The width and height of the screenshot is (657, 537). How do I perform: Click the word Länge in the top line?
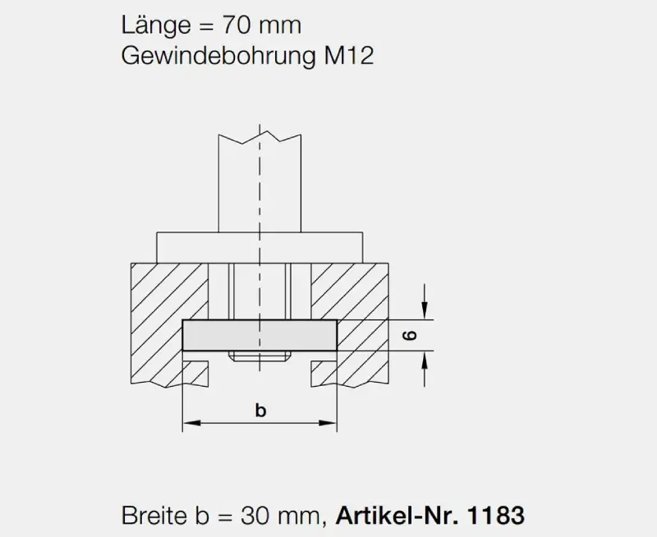click(x=156, y=25)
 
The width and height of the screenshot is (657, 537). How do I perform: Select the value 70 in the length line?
click(x=239, y=25)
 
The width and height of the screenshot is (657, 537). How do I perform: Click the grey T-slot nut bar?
click(x=260, y=335)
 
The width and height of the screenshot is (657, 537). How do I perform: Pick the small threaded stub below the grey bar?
click(x=260, y=356)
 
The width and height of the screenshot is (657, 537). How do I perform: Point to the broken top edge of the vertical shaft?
click(x=260, y=135)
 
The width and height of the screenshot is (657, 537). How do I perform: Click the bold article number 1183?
click(x=495, y=516)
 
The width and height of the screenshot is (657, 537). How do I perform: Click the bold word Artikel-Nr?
click(x=397, y=516)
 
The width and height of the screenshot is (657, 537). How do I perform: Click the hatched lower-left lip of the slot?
click(x=194, y=371)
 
